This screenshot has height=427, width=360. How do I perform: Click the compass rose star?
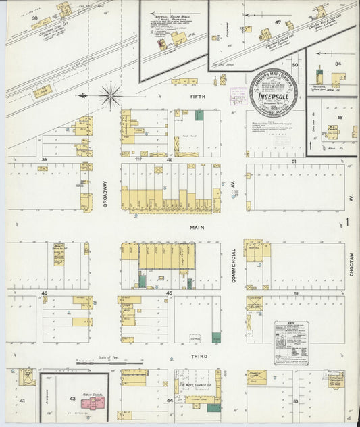pyautogui.click(x=110, y=95)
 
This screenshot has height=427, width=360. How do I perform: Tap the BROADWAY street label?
pyautogui.click(x=105, y=196)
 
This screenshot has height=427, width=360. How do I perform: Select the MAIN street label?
pyautogui.click(x=197, y=228)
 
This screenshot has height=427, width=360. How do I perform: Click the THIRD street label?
pyautogui.click(x=198, y=356)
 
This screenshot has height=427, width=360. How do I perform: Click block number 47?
pyautogui.click(x=278, y=22)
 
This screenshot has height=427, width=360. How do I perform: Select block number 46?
pyautogui.click(x=170, y=161)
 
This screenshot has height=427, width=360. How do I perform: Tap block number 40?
pyautogui.click(x=44, y=293)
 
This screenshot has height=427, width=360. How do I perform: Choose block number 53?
pyautogui.click(x=295, y=401)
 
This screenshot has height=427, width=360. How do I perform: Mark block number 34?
pyautogui.click(x=337, y=64)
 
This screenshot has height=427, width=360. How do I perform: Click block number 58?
pyautogui.click(x=340, y=117)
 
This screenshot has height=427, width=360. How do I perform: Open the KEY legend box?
pyautogui.click(x=290, y=343)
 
